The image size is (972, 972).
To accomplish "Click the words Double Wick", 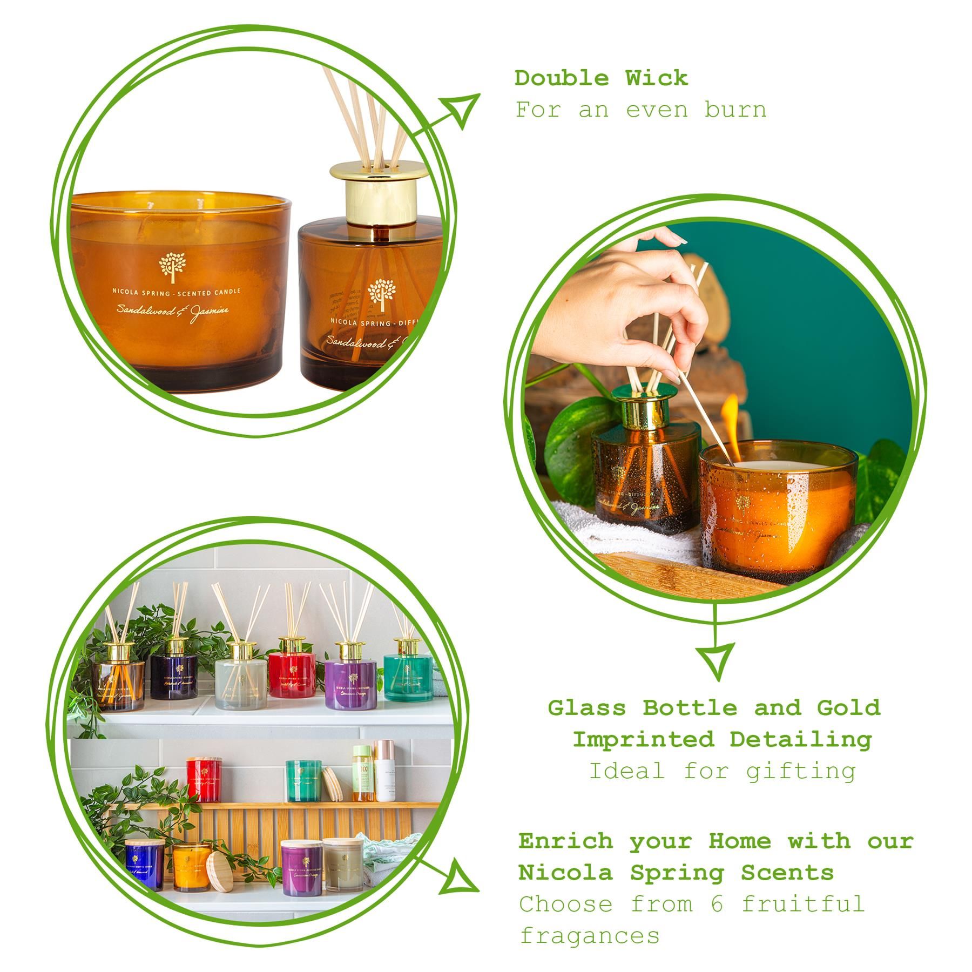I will pyautogui.click(x=600, y=79).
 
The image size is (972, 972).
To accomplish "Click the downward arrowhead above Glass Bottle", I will pyautogui.click(x=716, y=661).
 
